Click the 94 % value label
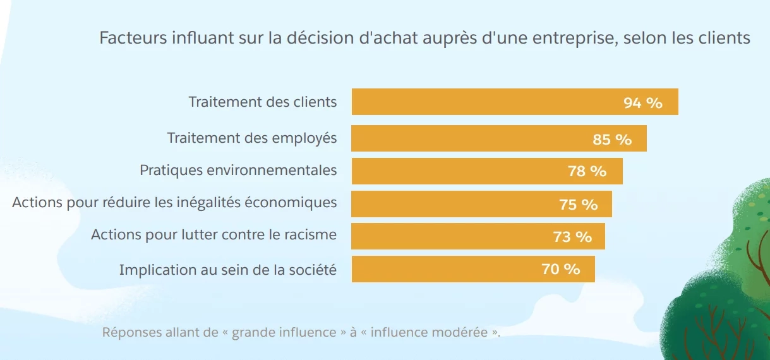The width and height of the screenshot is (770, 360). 642,103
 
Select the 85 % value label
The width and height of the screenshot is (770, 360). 612,140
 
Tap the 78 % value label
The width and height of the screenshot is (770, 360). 587,171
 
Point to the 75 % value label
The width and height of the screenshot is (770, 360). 578,205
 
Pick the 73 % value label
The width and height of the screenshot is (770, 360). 572,237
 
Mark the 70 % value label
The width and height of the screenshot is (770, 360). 560,269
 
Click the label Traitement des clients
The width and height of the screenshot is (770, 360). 263,102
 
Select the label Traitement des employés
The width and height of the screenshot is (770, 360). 252,138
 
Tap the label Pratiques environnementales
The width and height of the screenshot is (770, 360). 238,171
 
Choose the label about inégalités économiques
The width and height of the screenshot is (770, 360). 174,203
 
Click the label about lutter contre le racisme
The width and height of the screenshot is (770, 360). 214,235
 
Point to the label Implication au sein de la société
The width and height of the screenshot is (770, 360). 227,270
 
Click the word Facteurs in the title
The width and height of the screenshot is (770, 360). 132,38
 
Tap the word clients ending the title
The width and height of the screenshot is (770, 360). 725,38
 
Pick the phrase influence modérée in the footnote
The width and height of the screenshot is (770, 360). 430,332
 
